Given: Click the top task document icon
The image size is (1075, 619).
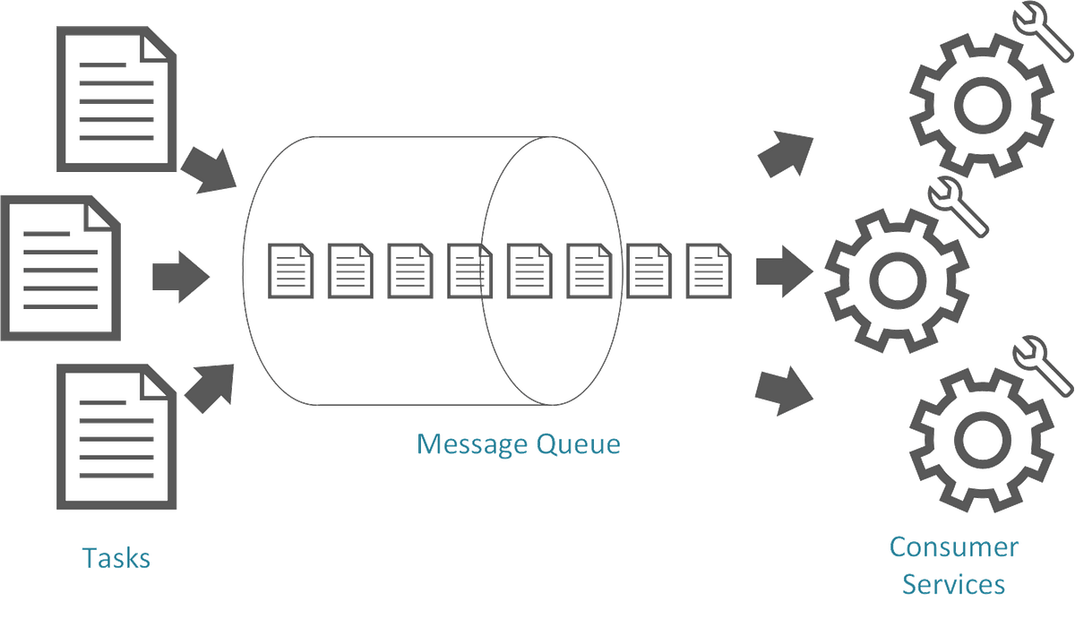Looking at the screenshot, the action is [116, 99].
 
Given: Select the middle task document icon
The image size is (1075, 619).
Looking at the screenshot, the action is [61, 268].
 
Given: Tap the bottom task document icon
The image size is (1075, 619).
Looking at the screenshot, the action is [116, 436].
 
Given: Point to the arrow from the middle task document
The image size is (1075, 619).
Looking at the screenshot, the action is [181, 277].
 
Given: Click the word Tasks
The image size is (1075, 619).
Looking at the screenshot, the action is [116, 558].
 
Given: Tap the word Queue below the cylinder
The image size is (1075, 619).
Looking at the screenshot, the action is [579, 443].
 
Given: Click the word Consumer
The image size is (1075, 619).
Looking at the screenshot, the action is [953, 547].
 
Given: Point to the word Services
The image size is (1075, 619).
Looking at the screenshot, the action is [953, 584].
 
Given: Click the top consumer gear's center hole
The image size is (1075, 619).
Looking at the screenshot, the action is [983, 105].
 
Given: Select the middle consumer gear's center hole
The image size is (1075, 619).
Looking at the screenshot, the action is [898, 280].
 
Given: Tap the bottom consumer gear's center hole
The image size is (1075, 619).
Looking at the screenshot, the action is [983, 441].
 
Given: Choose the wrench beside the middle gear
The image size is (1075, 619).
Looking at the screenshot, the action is [958, 207].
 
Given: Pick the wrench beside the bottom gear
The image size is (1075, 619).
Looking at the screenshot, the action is [1043, 366].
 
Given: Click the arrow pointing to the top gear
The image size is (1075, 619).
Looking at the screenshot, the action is [786, 153].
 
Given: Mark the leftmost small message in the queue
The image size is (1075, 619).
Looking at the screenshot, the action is [290, 271].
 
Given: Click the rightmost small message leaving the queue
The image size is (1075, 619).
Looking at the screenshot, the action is [709, 271].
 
